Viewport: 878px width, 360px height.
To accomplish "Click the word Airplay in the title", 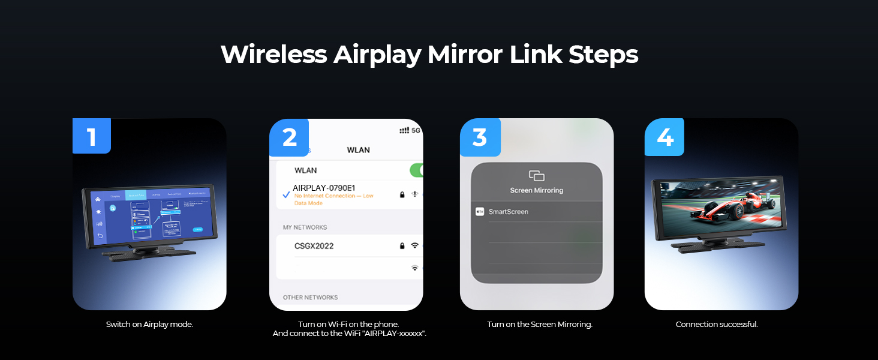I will [377, 55].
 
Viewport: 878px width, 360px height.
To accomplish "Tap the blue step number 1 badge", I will [91, 137].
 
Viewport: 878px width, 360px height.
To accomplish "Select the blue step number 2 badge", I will [289, 137].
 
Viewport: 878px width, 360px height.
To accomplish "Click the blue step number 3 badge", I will [480, 137].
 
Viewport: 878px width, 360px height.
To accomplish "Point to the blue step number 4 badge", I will [664, 137].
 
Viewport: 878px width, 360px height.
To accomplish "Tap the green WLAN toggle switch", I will [417, 170].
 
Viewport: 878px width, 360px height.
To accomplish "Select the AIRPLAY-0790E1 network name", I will [324, 188].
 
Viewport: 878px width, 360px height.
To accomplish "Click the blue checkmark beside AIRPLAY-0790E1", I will [286, 194].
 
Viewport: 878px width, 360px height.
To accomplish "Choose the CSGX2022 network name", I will [314, 246].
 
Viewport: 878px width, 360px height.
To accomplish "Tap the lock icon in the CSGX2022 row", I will [402, 246].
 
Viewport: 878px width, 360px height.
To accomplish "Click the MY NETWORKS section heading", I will [305, 227].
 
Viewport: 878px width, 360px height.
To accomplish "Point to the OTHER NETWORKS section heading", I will [310, 298].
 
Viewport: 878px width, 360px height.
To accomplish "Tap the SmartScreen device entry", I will [508, 212].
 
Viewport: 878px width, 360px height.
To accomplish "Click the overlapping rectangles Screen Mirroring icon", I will [536, 176].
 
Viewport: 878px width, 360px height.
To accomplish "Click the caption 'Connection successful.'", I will [717, 325].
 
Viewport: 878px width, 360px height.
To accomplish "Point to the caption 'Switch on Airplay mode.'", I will [149, 325].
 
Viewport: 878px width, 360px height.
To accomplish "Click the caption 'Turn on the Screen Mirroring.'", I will [539, 325].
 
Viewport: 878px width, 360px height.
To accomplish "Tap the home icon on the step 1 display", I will [98, 199].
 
